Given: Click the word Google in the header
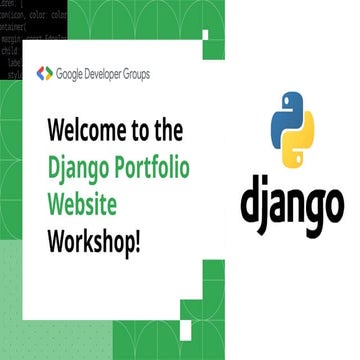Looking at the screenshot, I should [x=72, y=73].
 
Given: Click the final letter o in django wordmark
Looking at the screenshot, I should [x=330, y=204].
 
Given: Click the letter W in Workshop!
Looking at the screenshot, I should [x=56, y=241].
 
